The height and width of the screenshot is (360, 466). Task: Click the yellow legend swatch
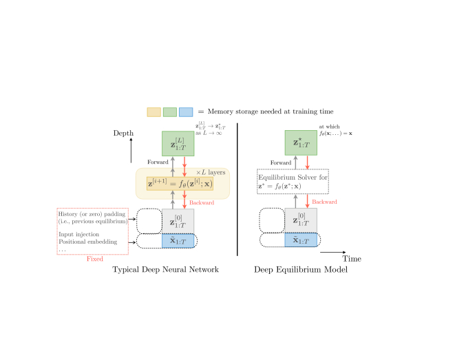(153, 112)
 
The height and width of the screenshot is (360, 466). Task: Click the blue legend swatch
(186, 112)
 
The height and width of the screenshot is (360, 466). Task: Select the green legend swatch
(170, 112)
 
